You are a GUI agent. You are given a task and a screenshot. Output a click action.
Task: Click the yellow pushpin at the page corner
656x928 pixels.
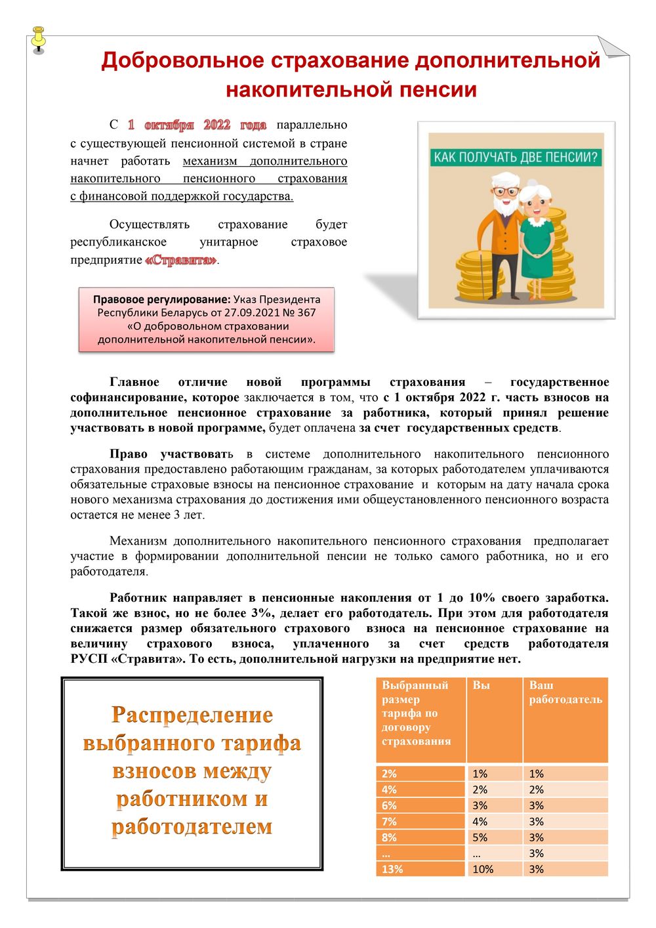39,39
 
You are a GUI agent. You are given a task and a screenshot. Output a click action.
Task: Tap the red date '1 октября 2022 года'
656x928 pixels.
197,125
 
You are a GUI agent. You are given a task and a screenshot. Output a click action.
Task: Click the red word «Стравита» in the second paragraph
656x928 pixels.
180,260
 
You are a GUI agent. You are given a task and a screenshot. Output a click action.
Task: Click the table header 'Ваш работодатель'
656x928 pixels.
565,692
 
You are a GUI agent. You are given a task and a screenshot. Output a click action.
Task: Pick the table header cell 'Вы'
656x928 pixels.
481,685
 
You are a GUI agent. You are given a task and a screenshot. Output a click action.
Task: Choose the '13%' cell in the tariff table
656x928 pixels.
392,869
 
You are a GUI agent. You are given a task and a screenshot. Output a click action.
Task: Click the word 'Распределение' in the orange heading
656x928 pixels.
192,715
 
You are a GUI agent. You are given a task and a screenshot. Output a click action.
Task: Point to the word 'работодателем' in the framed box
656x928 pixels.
192,826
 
